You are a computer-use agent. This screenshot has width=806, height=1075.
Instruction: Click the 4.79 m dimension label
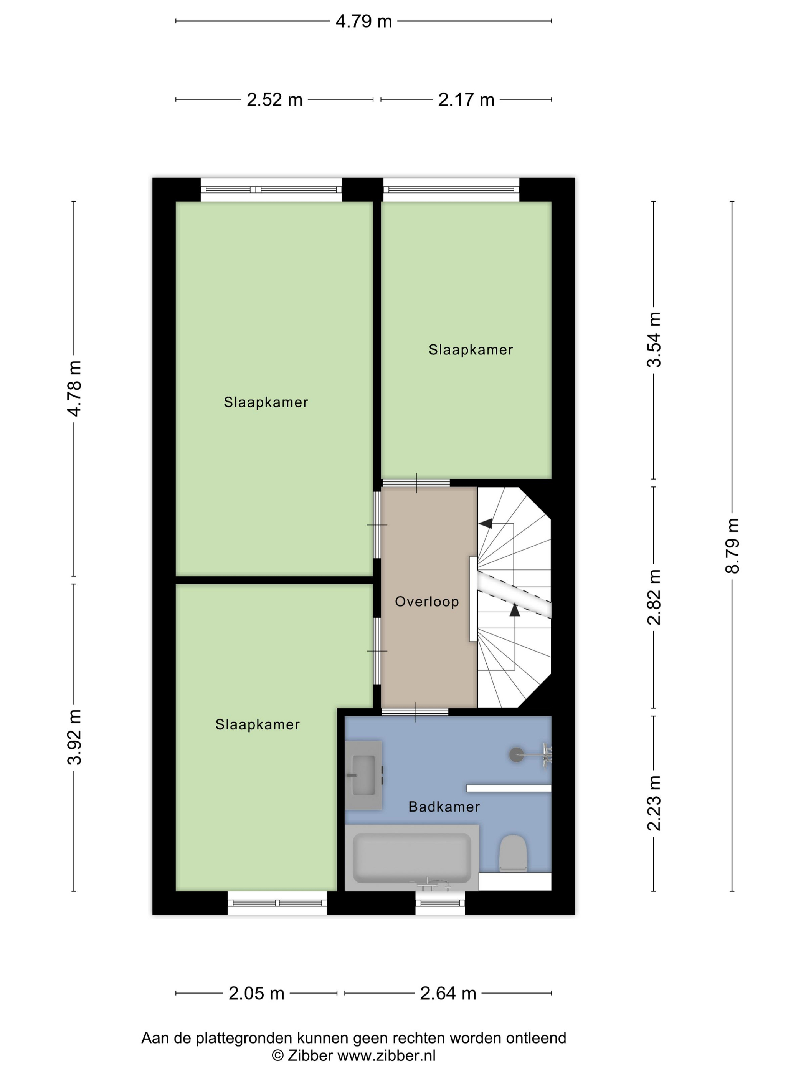tap(363, 21)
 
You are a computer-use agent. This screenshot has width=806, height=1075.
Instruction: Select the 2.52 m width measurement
tap(274, 99)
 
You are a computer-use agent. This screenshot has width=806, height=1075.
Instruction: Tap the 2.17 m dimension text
tap(466, 99)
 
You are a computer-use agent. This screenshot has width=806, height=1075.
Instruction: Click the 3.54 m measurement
tap(654, 340)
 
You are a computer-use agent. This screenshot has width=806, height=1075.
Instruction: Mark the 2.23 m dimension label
tap(654, 803)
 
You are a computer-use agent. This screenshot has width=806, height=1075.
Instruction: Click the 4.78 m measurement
tap(74, 389)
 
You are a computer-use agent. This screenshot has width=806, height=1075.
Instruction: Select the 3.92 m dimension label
tap(74, 737)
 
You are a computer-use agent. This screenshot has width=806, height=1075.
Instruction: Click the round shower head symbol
tap(517, 755)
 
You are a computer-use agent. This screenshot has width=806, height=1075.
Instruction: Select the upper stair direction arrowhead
tap(486, 523)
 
